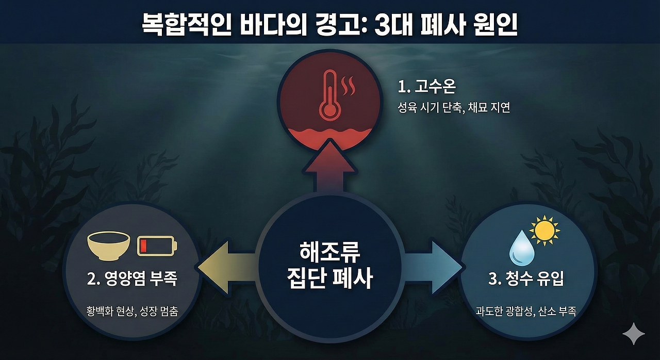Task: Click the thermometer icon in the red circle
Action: (x=328, y=95)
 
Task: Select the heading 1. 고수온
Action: (x=426, y=87)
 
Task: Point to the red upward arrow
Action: (x=329, y=168)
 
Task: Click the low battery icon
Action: (x=157, y=246)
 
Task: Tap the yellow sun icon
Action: (x=544, y=231)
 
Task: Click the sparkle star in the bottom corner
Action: (x=633, y=334)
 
